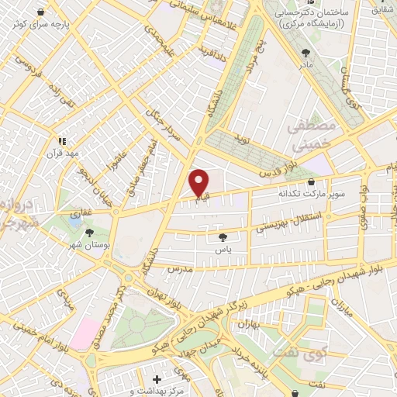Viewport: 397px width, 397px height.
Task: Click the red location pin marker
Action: point(199,181)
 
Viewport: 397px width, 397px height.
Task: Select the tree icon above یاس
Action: point(224,237)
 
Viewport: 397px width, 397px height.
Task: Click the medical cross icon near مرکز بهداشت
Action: point(157,380)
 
